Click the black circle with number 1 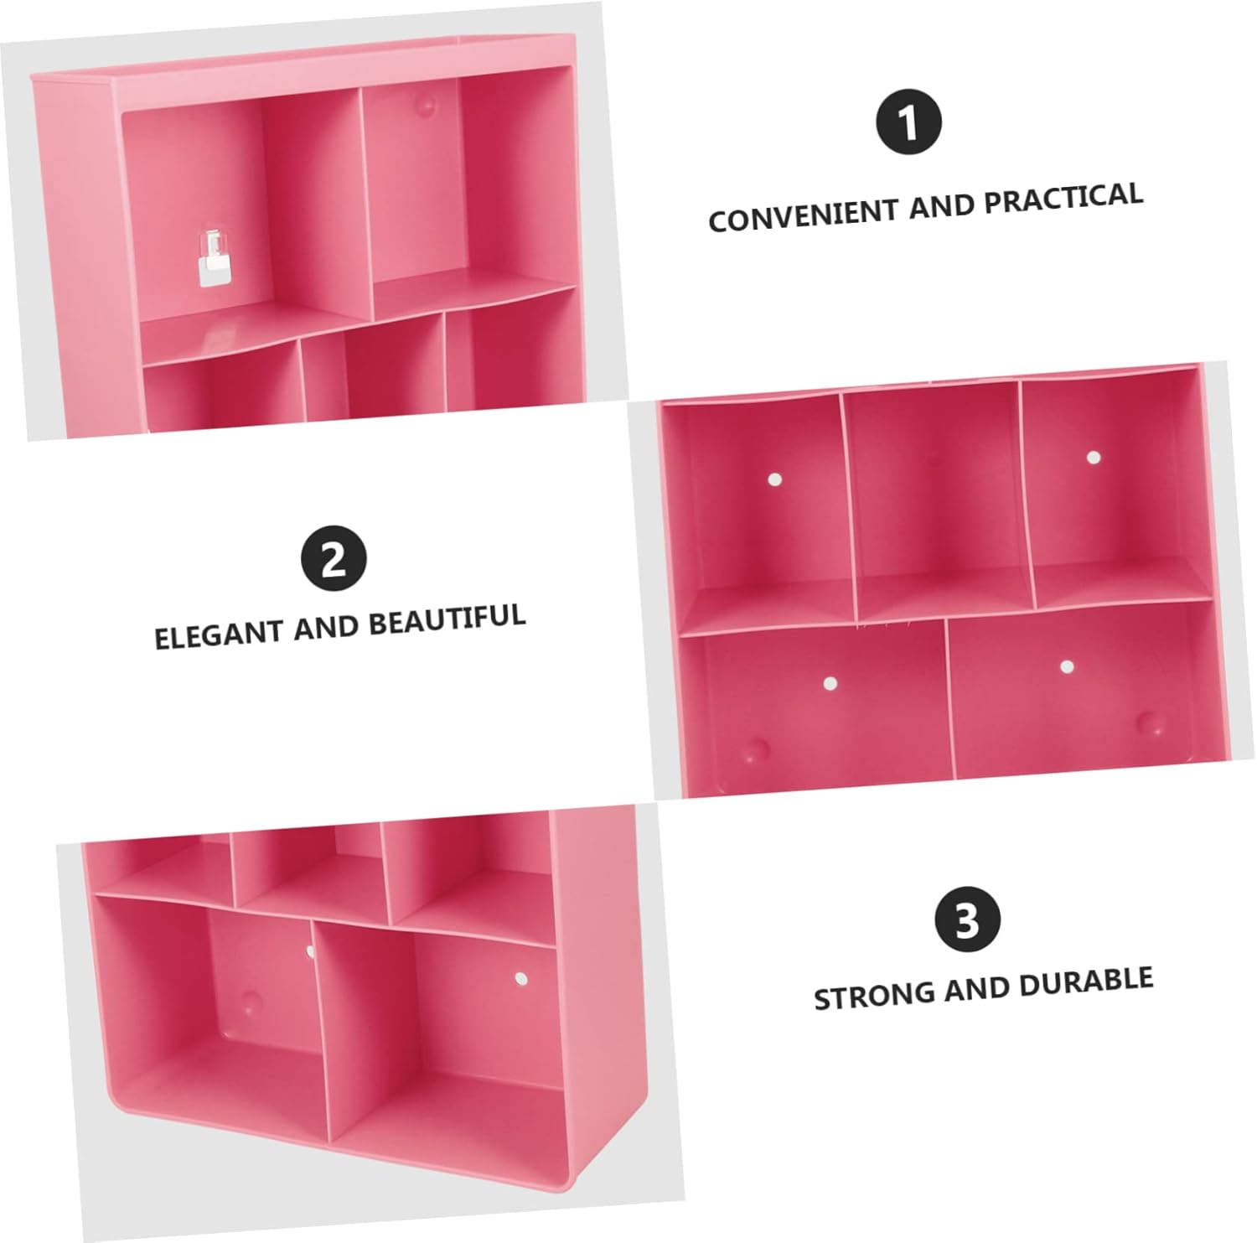908,122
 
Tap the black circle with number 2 334,558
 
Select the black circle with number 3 968,919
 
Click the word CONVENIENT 804,215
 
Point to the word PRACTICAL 1063,198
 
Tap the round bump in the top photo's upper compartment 427,106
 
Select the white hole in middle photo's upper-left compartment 775,479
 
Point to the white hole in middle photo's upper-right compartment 1093,457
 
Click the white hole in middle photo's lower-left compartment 830,683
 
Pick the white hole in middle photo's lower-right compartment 1067,667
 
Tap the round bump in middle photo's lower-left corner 757,748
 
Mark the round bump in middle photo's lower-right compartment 1151,722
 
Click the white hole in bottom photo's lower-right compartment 520,978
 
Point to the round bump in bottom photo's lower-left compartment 250,1001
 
